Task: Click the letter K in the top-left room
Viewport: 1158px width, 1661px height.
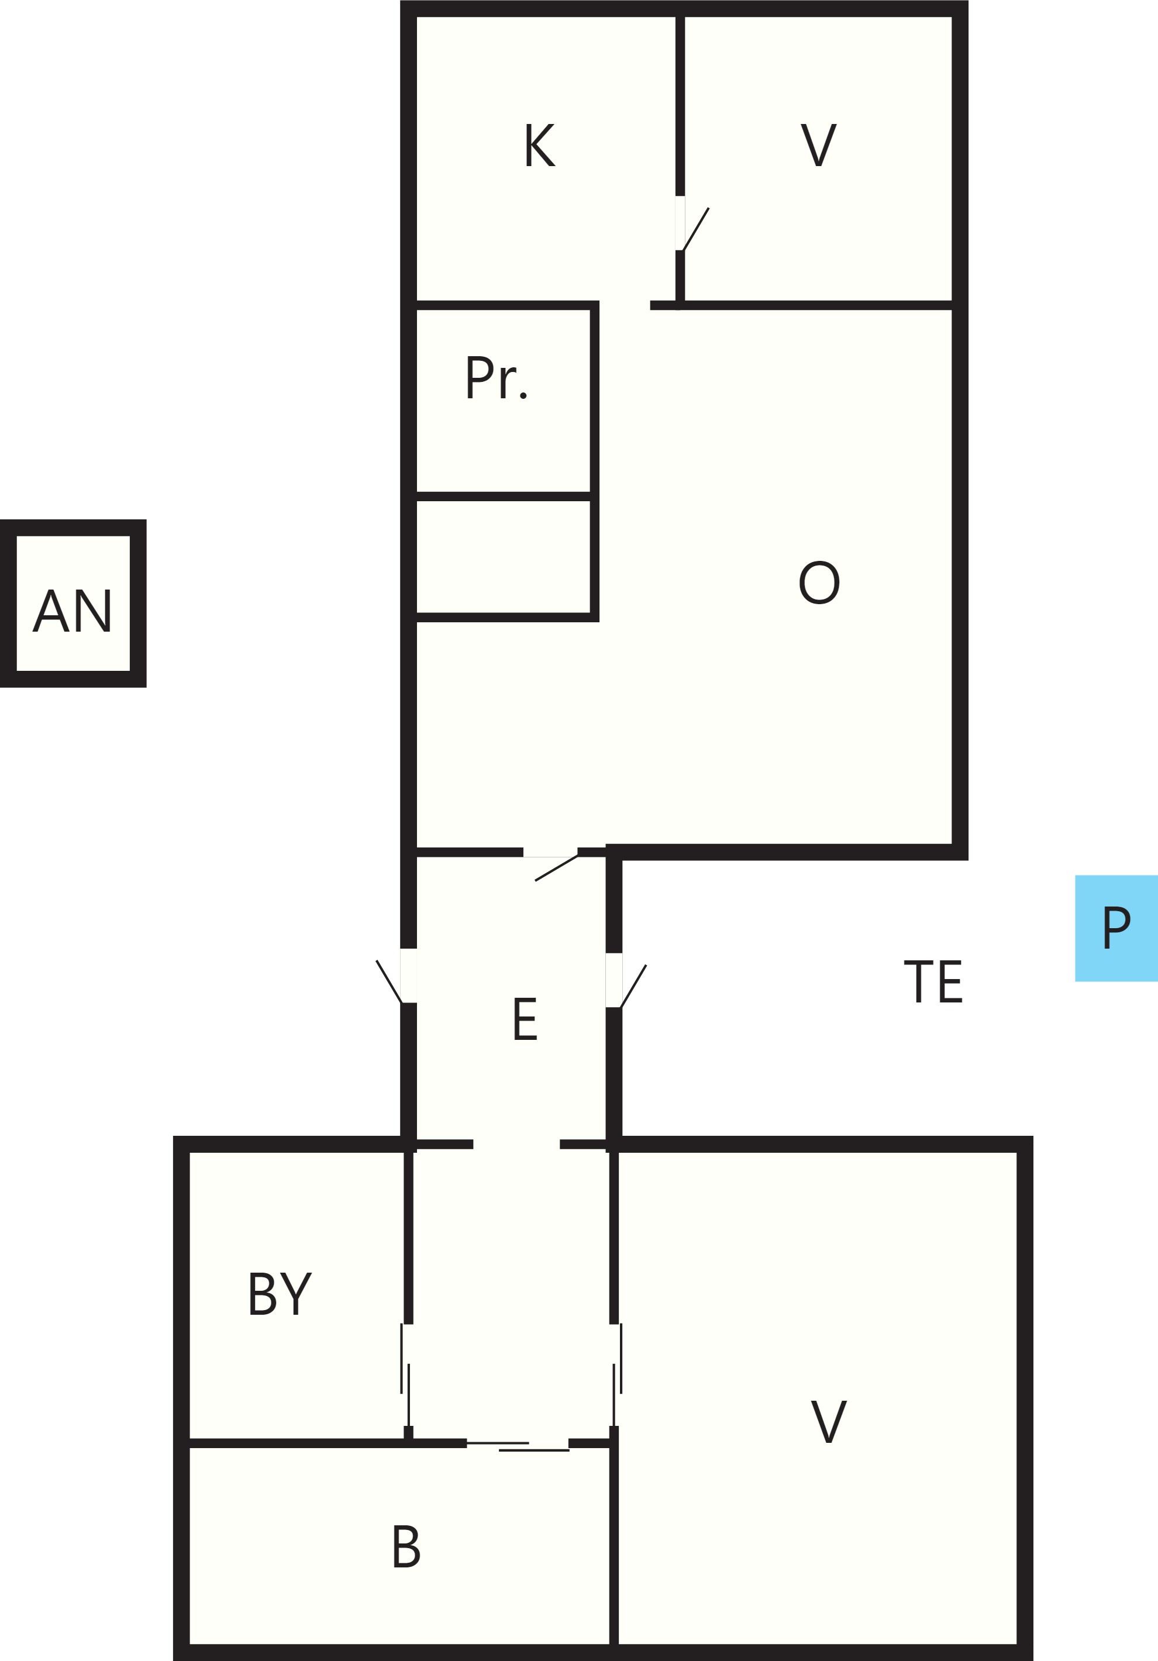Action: (540, 144)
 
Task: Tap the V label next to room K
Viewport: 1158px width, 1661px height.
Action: (818, 144)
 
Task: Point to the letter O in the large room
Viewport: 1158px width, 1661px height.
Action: (819, 583)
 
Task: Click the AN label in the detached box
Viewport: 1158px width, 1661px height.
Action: (73, 611)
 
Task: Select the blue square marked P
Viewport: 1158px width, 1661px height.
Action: (1116, 928)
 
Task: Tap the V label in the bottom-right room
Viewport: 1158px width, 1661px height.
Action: (828, 1422)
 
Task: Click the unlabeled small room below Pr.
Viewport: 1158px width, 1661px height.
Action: (504, 556)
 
